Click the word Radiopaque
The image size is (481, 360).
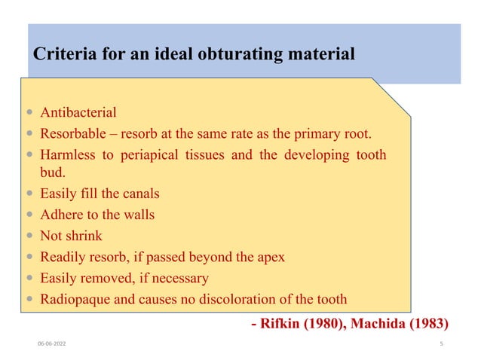[75, 299]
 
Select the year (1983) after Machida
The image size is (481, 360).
[427, 324]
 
